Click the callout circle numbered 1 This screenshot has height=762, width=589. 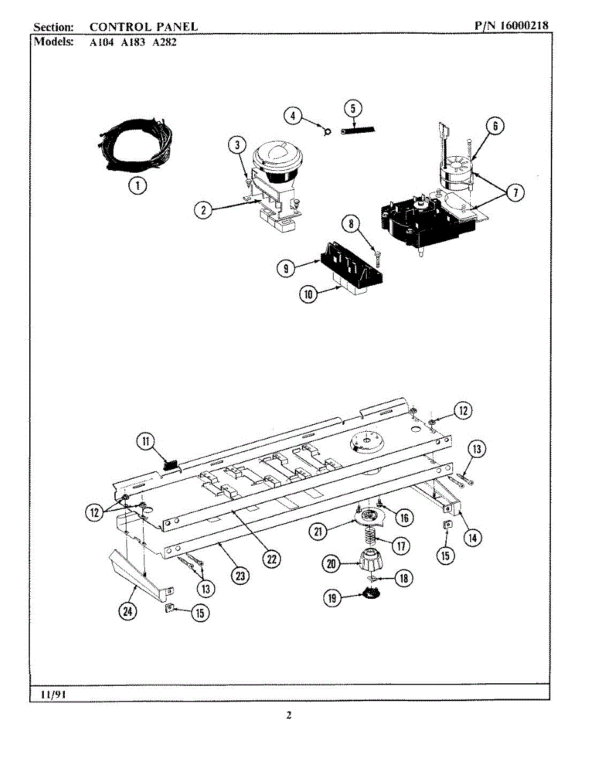point(136,185)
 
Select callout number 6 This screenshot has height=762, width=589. point(495,125)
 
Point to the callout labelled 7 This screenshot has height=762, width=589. point(515,193)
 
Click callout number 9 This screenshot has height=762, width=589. point(286,269)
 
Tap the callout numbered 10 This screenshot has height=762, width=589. point(308,295)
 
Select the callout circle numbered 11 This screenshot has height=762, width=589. point(147,441)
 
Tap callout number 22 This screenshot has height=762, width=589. point(272,558)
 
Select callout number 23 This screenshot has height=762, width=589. point(240,575)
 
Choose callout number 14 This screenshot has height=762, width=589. point(471,538)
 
